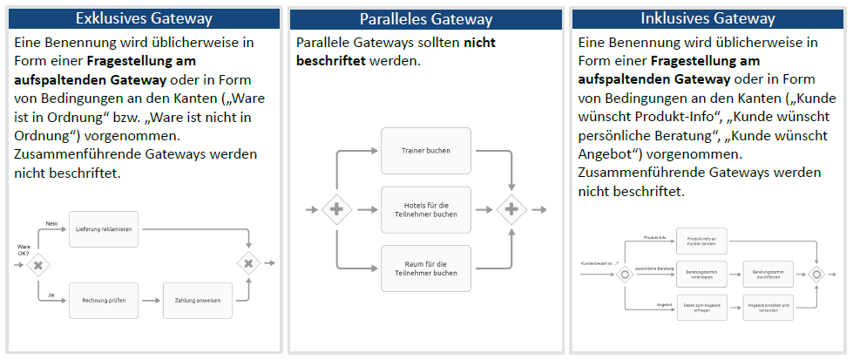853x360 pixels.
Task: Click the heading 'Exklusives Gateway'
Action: click(x=144, y=18)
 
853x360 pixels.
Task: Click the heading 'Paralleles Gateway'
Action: click(x=426, y=19)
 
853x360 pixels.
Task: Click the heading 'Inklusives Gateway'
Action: click(x=707, y=18)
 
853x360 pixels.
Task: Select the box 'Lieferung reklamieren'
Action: click(x=104, y=230)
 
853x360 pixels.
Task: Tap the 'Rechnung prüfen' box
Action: click(x=104, y=300)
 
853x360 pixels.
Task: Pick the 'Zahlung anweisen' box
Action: click(x=197, y=300)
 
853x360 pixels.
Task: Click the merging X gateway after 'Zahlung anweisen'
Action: click(x=248, y=263)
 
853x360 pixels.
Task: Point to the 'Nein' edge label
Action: click(x=51, y=224)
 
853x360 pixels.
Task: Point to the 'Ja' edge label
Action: click(x=50, y=294)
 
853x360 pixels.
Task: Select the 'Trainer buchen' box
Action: click(x=426, y=151)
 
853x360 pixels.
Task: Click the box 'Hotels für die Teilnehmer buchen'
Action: click(x=426, y=209)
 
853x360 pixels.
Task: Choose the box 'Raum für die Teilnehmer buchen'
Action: click(x=426, y=268)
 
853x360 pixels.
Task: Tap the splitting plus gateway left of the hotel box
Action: click(x=335, y=209)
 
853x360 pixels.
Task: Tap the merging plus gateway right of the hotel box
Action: click(x=511, y=209)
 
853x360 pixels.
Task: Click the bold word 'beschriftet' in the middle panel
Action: click(x=331, y=61)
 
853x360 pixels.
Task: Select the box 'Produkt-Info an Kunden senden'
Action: click(x=701, y=241)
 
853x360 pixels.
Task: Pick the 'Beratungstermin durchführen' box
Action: click(x=768, y=274)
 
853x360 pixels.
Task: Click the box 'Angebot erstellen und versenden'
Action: click(x=768, y=307)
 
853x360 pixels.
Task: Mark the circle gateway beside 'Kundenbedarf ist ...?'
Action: click(x=625, y=274)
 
